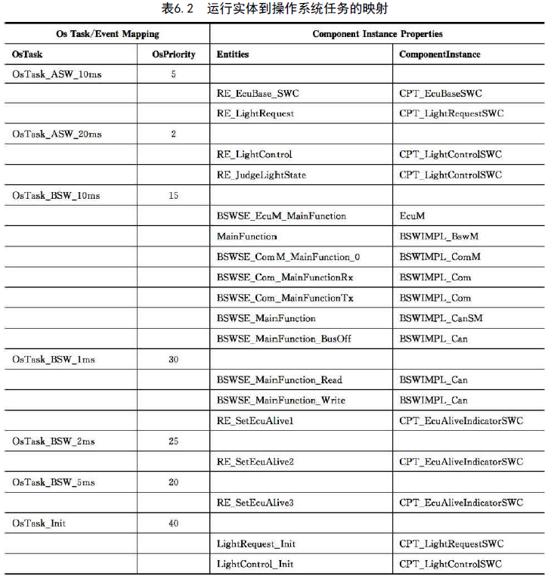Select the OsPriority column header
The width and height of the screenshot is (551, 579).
(173, 54)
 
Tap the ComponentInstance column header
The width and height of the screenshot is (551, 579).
(439, 54)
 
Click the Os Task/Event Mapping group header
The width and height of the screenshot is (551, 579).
(108, 34)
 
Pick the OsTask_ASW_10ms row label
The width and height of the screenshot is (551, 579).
(57, 75)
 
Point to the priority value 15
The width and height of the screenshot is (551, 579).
(173, 195)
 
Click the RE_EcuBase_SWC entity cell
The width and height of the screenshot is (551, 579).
(257, 94)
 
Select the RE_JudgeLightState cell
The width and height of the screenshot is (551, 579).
(261, 175)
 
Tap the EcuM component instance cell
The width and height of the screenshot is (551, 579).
(412, 216)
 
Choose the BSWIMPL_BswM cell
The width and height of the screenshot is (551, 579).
(438, 237)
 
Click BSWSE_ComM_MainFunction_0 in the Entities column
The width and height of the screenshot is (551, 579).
(288, 257)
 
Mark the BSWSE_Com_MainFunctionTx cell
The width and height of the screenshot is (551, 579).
(285, 298)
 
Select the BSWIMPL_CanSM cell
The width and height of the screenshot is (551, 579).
(441, 318)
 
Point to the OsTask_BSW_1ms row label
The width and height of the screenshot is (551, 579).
(54, 359)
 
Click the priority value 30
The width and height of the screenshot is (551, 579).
(173, 359)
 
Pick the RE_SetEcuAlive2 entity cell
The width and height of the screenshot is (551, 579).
(255, 461)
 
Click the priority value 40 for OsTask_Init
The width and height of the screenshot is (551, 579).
(173, 523)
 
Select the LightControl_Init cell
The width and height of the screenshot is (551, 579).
(255, 564)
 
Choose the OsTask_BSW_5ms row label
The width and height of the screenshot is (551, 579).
(54, 482)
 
